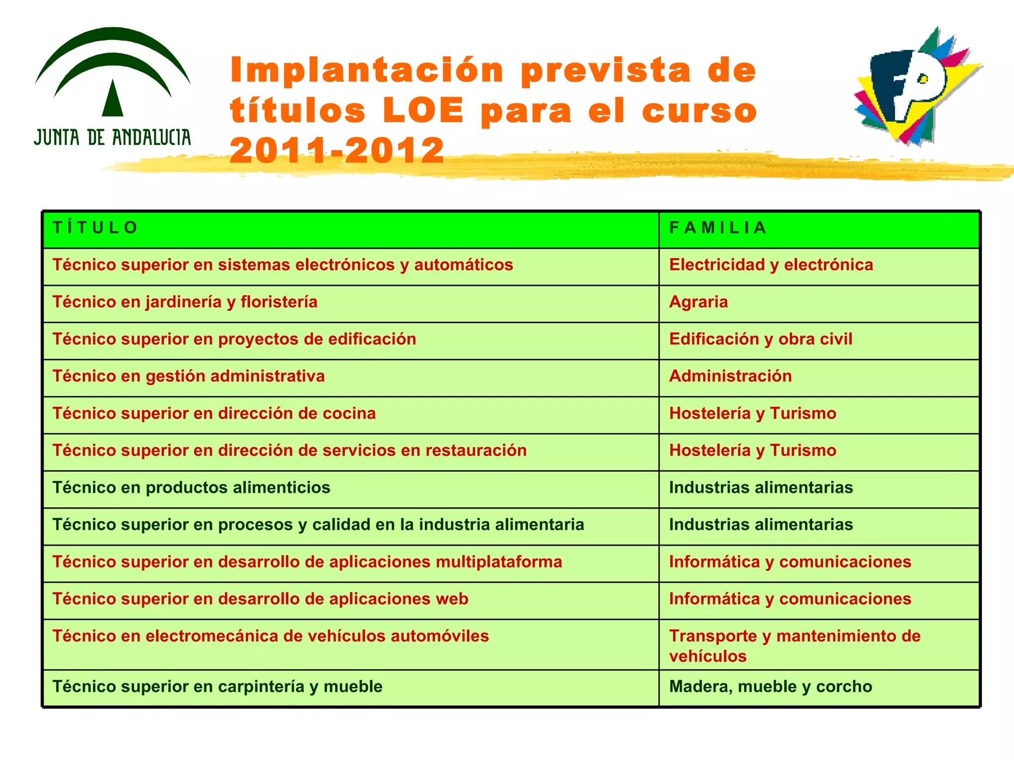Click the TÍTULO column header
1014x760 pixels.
click(x=95, y=228)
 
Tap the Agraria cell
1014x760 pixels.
click(x=698, y=302)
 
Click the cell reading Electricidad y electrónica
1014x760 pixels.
click(x=770, y=265)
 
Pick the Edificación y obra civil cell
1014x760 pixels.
click(x=760, y=339)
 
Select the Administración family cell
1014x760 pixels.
click(x=730, y=376)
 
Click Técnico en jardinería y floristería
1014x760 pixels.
click(x=185, y=302)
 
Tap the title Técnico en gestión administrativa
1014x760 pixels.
click(x=189, y=376)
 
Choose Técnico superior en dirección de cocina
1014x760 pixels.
click(x=214, y=413)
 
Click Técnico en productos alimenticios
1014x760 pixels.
click(x=191, y=487)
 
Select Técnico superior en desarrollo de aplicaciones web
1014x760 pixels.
click(x=260, y=599)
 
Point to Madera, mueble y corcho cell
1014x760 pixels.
click(x=770, y=687)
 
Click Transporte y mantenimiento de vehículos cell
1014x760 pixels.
click(x=794, y=646)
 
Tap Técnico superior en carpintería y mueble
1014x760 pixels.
click(x=217, y=687)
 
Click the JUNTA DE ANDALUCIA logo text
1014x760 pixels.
click(x=112, y=137)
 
